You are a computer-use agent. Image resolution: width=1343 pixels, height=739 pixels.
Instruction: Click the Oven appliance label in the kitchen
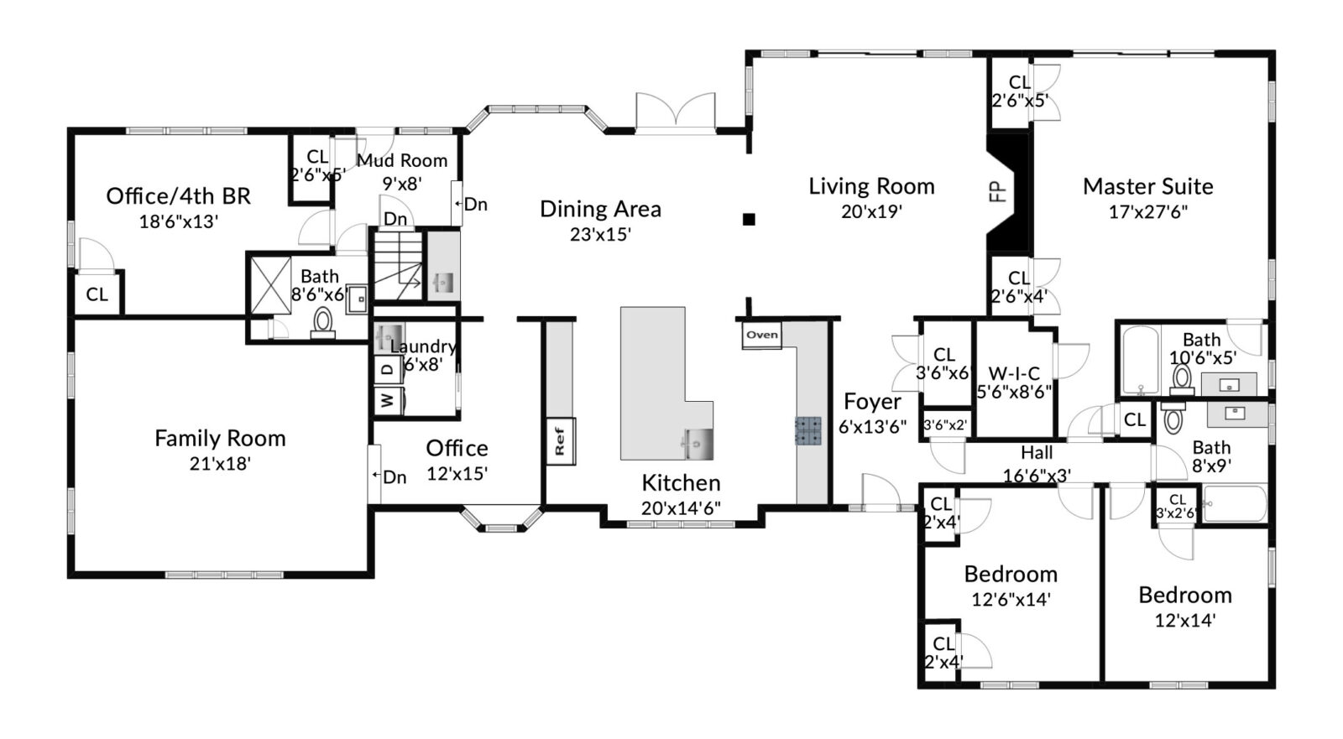point(762,335)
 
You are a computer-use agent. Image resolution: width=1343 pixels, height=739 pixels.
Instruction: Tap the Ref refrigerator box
point(560,441)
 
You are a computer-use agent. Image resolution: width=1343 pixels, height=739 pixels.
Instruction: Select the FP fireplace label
point(997,192)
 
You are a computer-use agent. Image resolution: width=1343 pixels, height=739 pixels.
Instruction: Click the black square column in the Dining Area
point(748,220)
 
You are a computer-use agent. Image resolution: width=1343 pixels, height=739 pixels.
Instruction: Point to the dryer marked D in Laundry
point(388,369)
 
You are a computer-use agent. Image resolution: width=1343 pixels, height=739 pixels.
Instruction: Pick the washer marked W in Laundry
point(388,400)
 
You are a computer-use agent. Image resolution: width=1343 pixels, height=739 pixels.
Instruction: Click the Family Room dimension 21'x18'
point(220,463)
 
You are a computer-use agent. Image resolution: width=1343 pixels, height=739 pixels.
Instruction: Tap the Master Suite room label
point(1147,186)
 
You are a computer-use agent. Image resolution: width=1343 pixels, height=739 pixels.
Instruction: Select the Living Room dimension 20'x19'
point(871,211)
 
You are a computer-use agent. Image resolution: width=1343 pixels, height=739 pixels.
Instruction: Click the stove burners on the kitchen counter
point(807,430)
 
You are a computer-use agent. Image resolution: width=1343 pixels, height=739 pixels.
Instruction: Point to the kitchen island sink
point(697,444)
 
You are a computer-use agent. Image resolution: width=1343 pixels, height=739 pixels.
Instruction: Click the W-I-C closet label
point(1014,373)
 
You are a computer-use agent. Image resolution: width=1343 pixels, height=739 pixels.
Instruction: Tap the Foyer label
point(872,402)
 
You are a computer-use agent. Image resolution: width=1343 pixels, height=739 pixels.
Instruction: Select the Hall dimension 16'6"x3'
point(1037,476)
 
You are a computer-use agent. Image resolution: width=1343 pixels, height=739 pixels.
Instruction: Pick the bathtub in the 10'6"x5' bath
point(1140,360)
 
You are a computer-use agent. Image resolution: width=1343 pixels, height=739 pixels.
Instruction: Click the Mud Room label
point(402,160)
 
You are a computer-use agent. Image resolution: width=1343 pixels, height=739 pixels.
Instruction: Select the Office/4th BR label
point(178,196)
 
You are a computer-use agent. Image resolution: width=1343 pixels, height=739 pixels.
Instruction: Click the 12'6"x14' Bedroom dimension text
point(1011,600)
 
